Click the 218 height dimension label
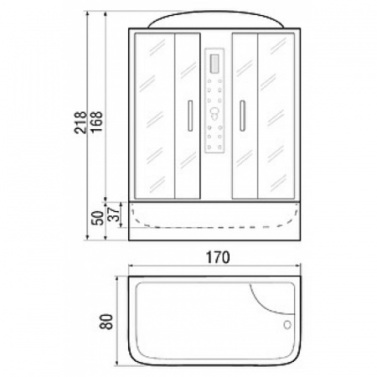tap(80, 122)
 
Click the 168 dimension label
tap(97, 122)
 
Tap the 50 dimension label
tap(98, 218)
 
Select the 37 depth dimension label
tap(114, 214)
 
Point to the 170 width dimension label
tap(218, 257)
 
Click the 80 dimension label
tap(106, 322)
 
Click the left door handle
tap(190, 116)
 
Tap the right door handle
tap(242, 116)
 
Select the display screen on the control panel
tap(214, 65)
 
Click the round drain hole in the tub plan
tap(287, 325)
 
